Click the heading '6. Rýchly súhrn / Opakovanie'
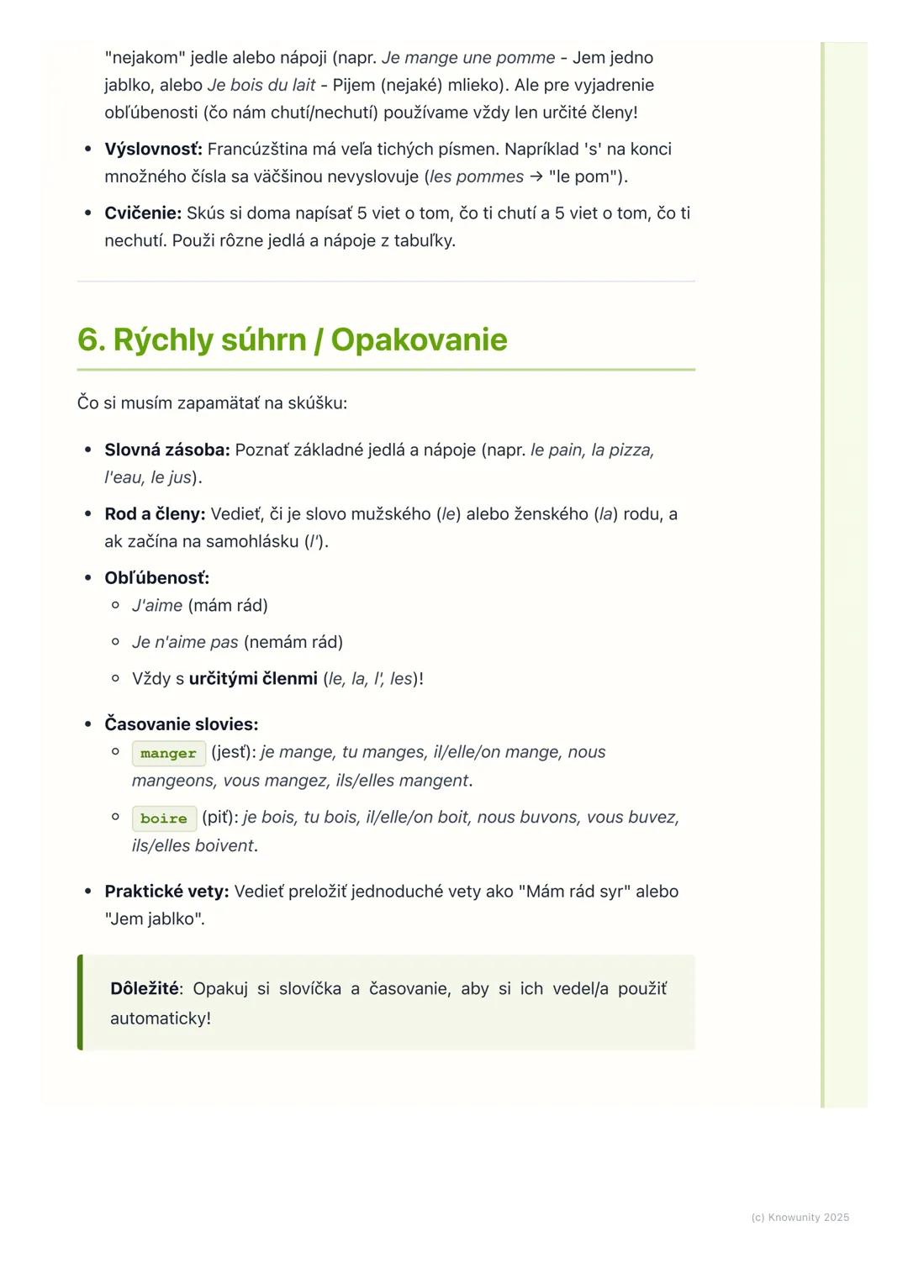coord(292,340)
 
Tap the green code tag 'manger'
coord(168,754)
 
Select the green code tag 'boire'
coord(164,818)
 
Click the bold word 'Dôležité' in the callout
coord(145,989)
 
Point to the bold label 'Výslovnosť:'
coord(153,150)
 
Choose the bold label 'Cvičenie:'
coord(143,213)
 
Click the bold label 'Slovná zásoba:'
coord(166,450)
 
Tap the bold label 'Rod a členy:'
coord(155,514)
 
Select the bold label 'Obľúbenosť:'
coord(156,578)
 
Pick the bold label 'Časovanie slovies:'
coord(181,724)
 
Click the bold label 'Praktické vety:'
coord(166,892)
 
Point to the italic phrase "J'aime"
coord(157,606)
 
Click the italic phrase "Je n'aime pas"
coord(185,643)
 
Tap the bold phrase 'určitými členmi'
coord(253,679)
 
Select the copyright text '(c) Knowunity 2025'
coord(800,1218)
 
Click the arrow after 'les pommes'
coord(536,177)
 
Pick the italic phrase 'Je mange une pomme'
coord(468,58)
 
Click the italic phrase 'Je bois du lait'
coord(261,86)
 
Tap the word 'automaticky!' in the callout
coord(161,1018)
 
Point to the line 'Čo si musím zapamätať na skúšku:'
coord(212,403)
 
